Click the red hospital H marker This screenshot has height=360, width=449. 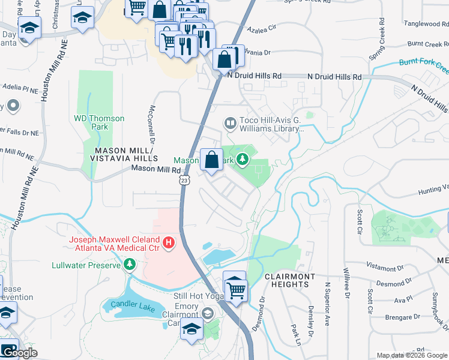(x=169, y=243)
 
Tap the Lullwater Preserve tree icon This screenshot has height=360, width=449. (x=129, y=264)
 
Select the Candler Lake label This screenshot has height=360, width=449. (x=134, y=310)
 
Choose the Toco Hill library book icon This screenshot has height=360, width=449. (x=229, y=123)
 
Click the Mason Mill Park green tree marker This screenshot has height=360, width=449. (x=243, y=160)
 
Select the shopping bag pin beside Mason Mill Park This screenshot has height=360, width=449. (x=211, y=160)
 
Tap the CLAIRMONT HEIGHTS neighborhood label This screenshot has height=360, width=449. (x=290, y=281)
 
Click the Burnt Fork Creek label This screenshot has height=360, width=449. (x=423, y=62)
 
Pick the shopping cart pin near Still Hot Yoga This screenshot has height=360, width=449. (x=235, y=289)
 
